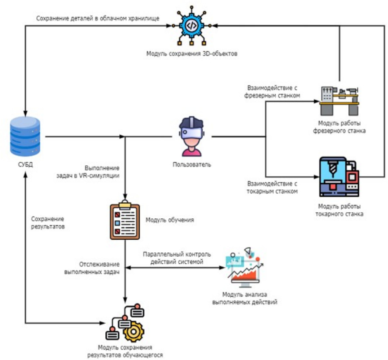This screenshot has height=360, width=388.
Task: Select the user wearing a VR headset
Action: click(x=191, y=137)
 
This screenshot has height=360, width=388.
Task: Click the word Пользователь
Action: click(x=191, y=165)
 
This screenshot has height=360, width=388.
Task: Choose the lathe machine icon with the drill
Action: click(x=339, y=176)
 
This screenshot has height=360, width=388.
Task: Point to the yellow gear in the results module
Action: click(x=133, y=332)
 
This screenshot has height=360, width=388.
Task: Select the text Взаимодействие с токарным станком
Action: click(x=273, y=188)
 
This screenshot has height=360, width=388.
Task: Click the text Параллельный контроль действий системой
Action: click(x=177, y=258)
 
